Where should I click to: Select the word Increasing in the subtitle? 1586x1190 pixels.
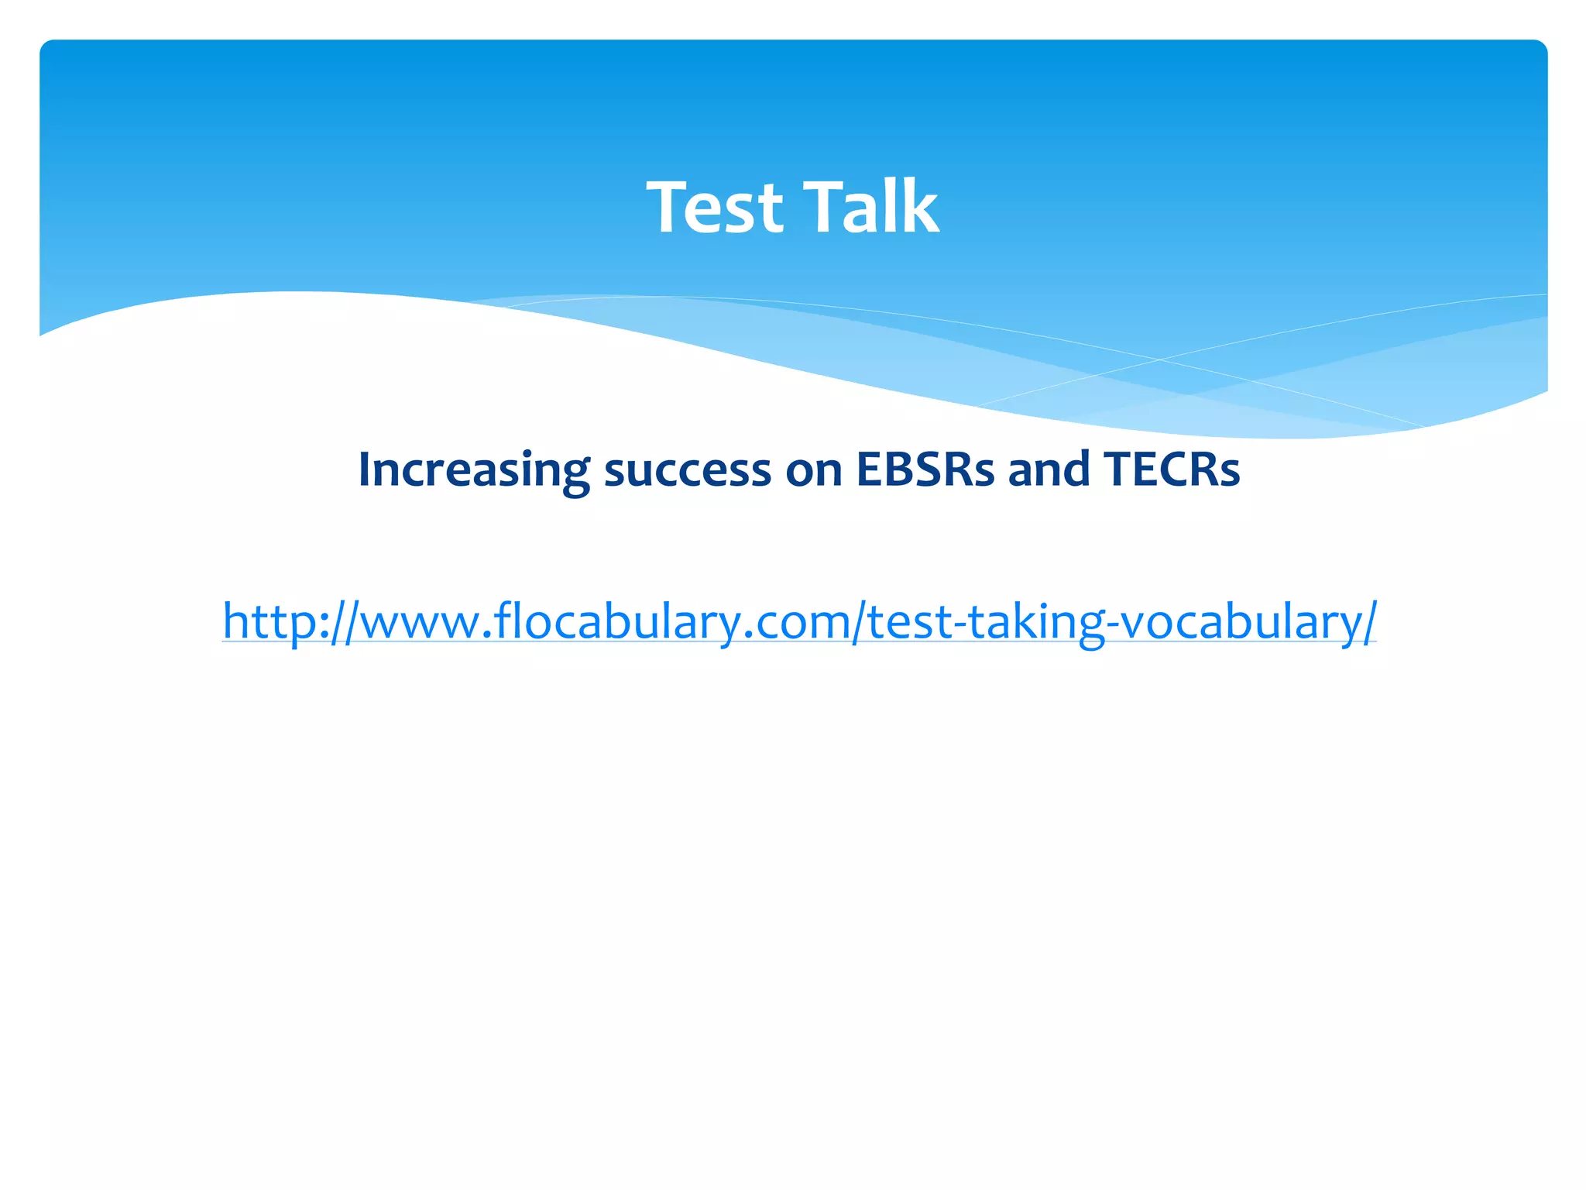point(473,470)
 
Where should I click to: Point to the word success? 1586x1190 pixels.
point(687,470)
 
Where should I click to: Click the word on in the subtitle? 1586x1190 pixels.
point(813,470)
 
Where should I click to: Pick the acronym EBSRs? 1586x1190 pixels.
point(925,469)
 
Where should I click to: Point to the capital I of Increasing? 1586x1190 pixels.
point(365,469)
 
